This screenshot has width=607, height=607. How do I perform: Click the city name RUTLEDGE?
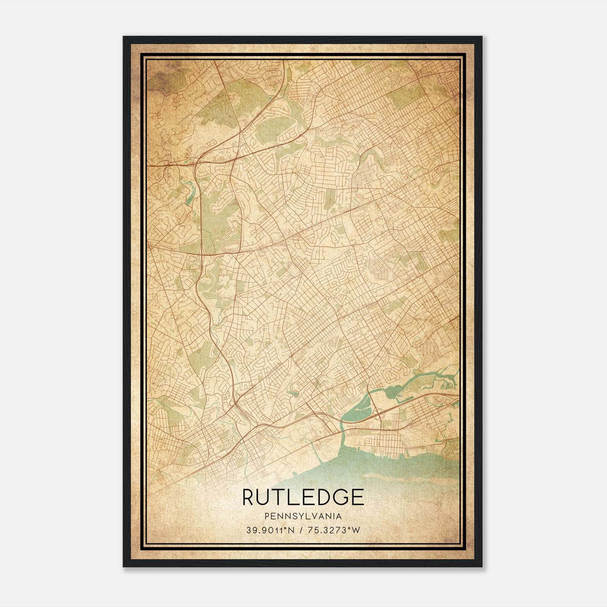303,497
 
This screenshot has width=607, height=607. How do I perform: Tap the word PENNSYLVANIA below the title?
303,516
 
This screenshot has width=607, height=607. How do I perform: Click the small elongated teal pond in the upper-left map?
188,192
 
